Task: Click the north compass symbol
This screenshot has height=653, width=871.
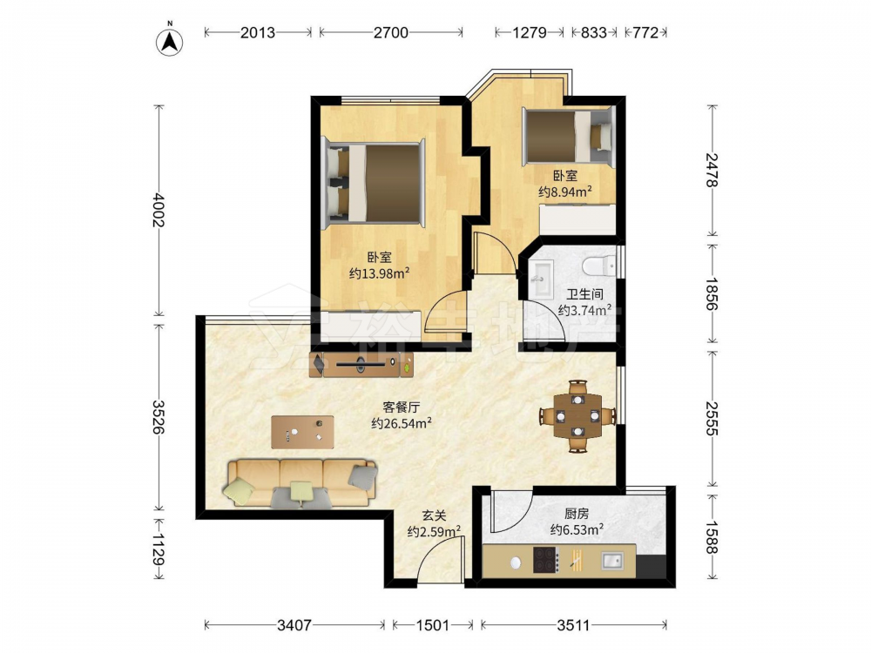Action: (x=170, y=41)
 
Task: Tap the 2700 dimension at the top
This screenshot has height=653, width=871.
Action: (x=391, y=33)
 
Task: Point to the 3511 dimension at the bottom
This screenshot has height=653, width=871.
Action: (x=573, y=626)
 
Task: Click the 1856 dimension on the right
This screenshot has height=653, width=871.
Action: (x=712, y=294)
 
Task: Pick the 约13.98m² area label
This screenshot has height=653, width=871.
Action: (x=380, y=273)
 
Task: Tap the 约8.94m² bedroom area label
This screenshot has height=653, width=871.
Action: (x=564, y=192)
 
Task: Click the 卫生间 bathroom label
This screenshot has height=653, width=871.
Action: (x=584, y=294)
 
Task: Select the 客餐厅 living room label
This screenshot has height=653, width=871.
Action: (x=401, y=407)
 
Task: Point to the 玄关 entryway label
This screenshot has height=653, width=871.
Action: (x=434, y=515)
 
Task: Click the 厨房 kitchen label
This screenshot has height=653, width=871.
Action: (x=577, y=514)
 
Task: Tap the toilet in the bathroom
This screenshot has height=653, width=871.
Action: (x=599, y=266)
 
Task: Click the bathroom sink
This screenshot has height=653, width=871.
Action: (x=541, y=279)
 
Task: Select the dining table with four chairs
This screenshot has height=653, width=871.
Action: (x=577, y=415)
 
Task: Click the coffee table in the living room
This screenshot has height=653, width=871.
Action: (x=303, y=432)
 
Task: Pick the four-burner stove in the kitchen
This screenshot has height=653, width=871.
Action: (x=545, y=560)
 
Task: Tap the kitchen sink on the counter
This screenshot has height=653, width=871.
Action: (x=611, y=561)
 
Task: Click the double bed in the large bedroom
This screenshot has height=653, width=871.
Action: (x=375, y=183)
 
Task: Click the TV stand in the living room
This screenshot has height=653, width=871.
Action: (x=361, y=364)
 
